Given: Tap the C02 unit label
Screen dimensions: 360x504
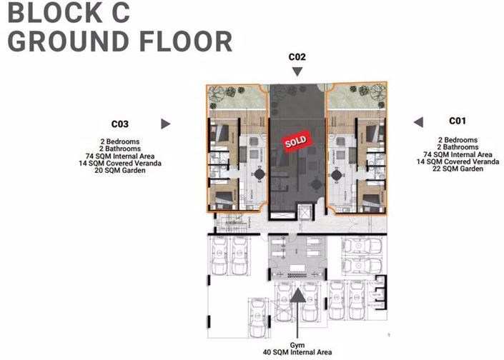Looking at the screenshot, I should click(297, 56).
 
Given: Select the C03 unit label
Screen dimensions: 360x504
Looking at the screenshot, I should click(119, 123).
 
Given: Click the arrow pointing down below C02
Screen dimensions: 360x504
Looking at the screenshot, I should click(297, 71).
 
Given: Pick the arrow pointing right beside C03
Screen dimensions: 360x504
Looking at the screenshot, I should click(166, 124).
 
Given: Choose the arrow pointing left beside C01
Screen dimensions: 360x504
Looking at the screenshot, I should click(419, 121).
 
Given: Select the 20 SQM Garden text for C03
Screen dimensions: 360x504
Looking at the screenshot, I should click(119, 171).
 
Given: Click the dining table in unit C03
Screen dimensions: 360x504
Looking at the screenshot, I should click(259, 174).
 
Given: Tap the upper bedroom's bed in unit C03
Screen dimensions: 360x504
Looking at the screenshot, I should click(220, 134).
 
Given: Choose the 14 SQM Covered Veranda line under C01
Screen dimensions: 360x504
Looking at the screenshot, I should click(457, 161).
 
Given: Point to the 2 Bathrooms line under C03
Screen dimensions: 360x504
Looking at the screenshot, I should click(119, 149).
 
